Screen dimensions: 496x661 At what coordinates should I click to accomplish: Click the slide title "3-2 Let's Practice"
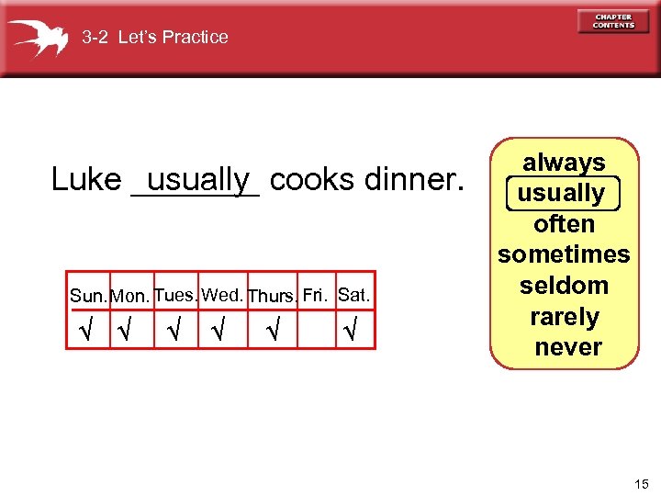154,38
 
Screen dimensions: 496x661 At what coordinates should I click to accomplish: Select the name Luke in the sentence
86,179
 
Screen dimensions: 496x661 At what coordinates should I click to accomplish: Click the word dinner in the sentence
413,179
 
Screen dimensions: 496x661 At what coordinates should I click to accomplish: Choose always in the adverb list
564,163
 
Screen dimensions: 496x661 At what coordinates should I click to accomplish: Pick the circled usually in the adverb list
562,194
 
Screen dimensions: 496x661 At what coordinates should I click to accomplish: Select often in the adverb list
564,224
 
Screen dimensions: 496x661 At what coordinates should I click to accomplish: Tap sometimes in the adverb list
564,254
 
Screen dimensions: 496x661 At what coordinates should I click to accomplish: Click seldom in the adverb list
564,286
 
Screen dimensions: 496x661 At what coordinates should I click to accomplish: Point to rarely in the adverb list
564,317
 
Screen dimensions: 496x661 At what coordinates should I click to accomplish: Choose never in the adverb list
567,347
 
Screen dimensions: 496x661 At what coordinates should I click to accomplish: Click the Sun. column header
89,297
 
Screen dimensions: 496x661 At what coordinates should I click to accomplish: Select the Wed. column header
222,295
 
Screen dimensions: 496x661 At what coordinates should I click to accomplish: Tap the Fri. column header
316,295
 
